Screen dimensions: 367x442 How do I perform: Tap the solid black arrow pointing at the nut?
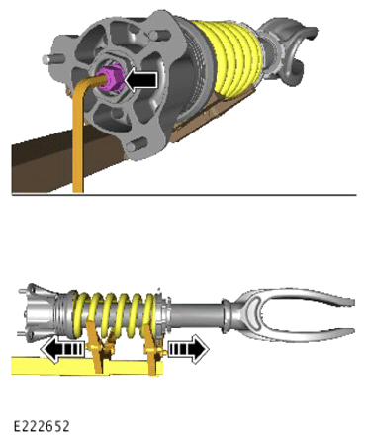(140, 80)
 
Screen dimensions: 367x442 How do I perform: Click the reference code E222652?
(42, 426)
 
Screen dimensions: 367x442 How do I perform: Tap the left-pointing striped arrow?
(61, 349)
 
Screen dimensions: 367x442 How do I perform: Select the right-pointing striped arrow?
(189, 349)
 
